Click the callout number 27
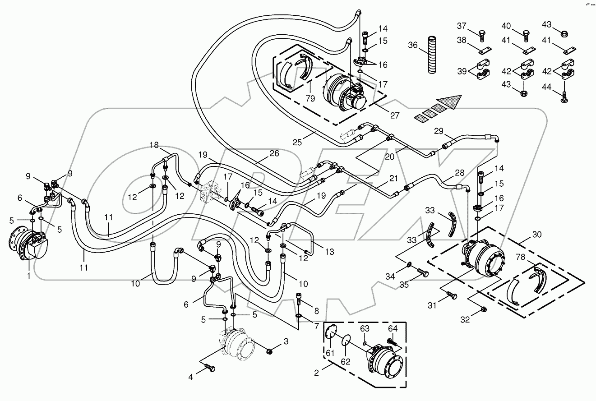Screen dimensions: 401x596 [395, 115]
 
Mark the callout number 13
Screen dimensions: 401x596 [330, 252]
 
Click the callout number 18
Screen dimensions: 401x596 [154, 145]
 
